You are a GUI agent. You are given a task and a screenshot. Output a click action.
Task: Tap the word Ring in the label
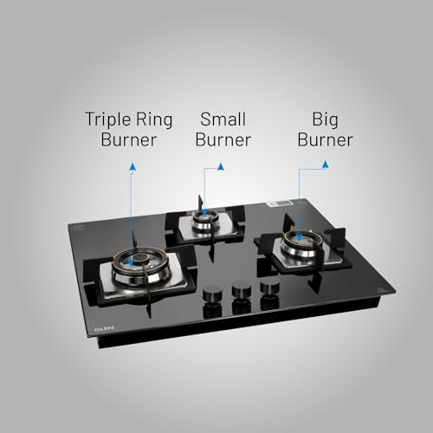coord(154,120)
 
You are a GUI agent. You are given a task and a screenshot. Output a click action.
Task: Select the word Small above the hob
coord(223,119)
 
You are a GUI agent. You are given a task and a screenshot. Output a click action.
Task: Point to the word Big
coord(325,120)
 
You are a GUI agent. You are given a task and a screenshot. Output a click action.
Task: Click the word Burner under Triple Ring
coord(128,139)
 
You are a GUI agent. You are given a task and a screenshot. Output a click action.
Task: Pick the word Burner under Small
coord(223,139)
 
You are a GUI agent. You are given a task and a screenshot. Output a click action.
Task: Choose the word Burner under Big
coord(325,139)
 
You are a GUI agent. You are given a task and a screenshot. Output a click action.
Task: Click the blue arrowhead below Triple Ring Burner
coord(132,166)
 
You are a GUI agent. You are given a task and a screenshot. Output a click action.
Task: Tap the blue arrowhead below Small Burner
coord(221,166)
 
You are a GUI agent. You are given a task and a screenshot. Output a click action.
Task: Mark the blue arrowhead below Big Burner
coord(326,165)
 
